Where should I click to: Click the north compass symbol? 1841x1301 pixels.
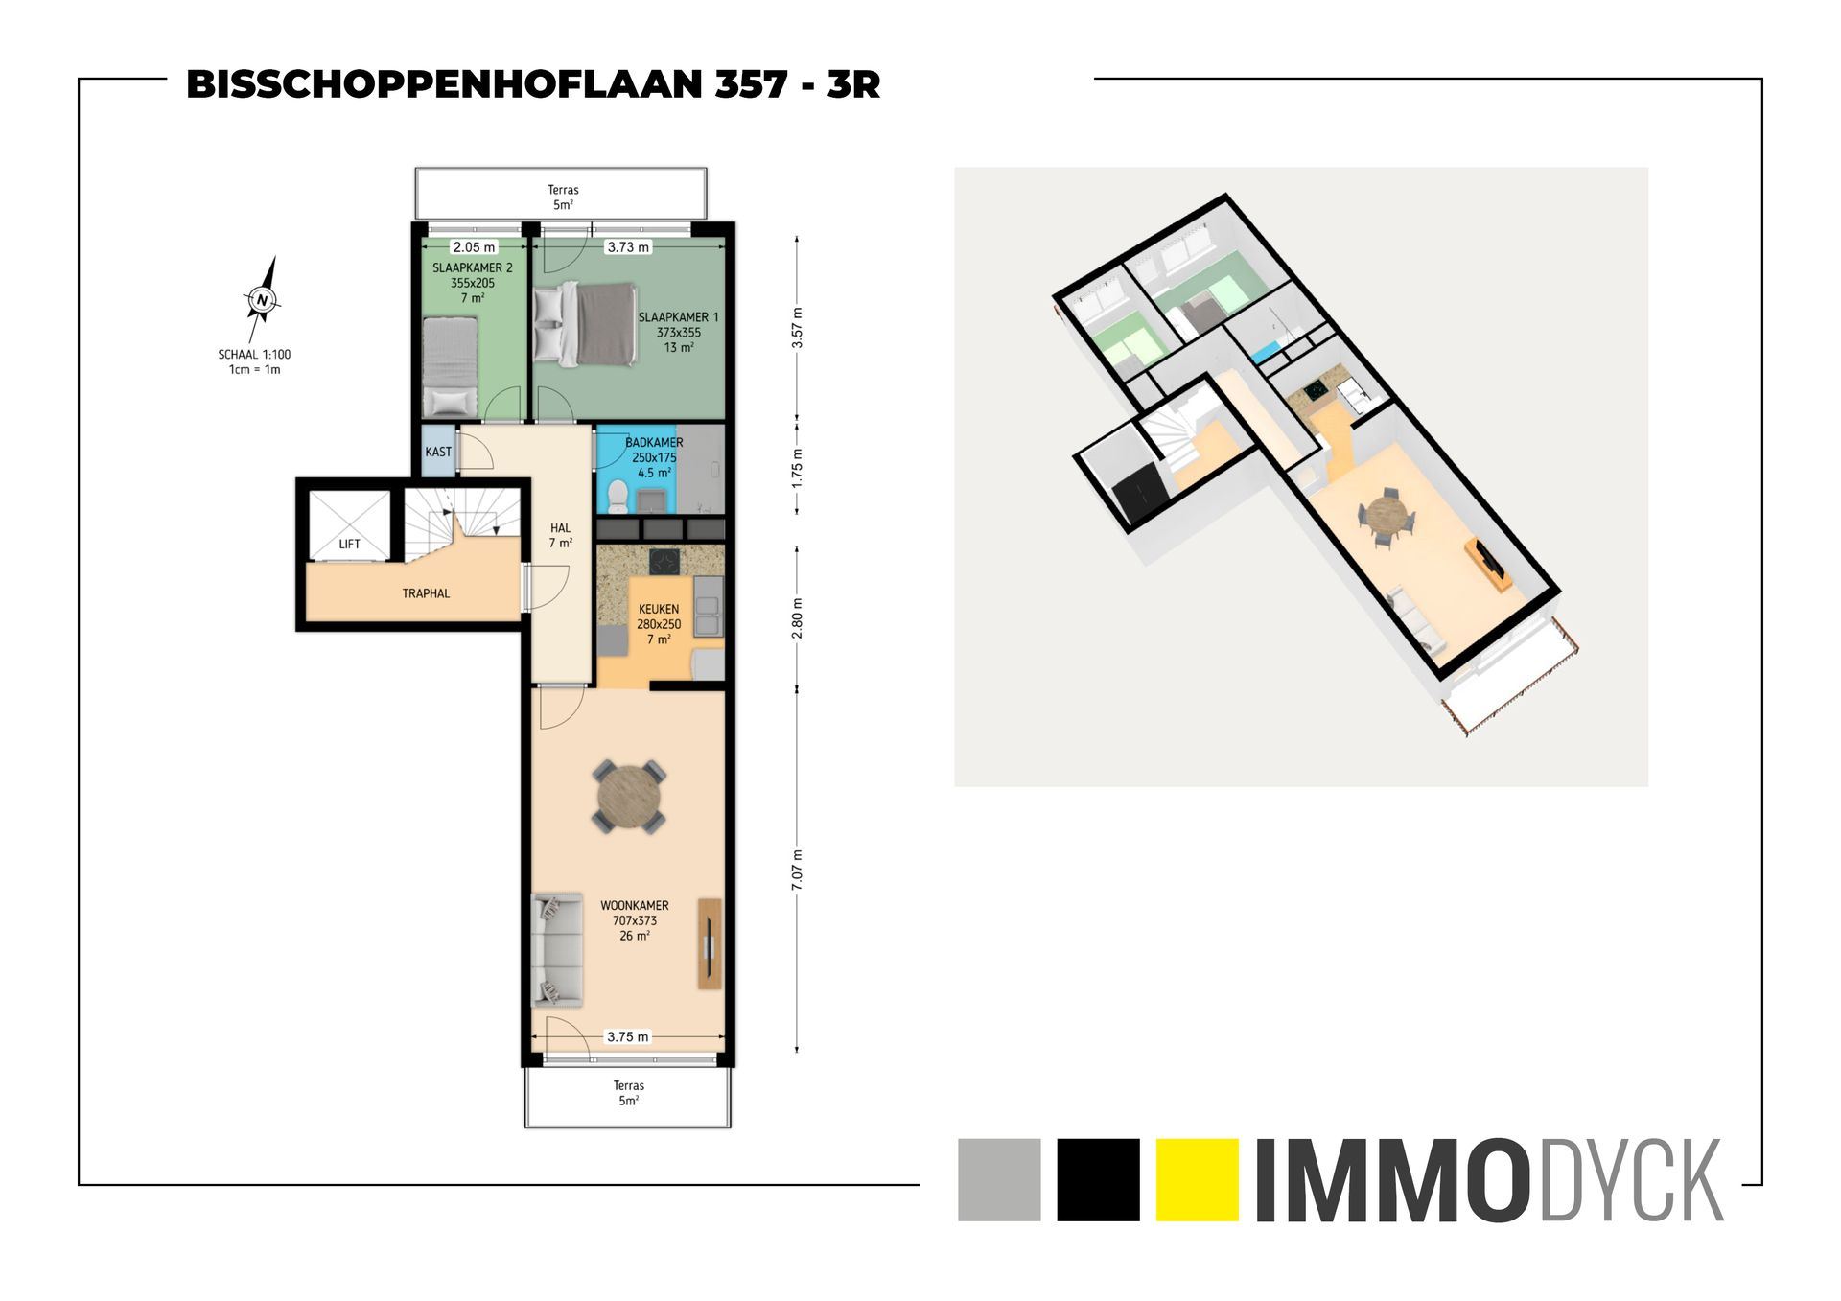pyautogui.click(x=262, y=300)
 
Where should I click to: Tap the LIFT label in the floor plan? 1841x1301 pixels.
pyautogui.click(x=349, y=545)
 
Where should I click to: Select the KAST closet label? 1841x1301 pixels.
pyautogui.click(x=438, y=452)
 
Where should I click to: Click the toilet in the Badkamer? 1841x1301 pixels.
pyautogui.click(x=618, y=498)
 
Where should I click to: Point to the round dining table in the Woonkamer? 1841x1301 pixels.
pyautogui.click(x=629, y=795)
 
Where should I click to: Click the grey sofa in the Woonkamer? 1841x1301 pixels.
pyautogui.click(x=557, y=950)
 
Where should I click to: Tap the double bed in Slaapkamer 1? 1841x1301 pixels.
pyautogui.click(x=585, y=323)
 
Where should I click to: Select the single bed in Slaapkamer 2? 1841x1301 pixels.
pyautogui.click(x=450, y=367)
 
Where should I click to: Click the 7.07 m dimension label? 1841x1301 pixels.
pyautogui.click(x=797, y=871)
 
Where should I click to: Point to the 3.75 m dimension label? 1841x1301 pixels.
pyautogui.click(x=628, y=1036)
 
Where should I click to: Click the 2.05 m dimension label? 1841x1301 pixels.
pyautogui.click(x=474, y=247)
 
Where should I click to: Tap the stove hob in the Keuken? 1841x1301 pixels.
pyautogui.click(x=664, y=560)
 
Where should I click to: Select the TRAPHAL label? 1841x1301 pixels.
pyautogui.click(x=426, y=593)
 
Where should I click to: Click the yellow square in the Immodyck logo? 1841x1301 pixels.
pyautogui.click(x=1198, y=1179)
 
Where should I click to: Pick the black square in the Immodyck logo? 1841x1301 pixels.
pyautogui.click(x=1098, y=1179)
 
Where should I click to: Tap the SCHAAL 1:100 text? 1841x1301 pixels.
pyautogui.click(x=254, y=354)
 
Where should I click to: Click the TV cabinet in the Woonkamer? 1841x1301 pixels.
pyautogui.click(x=710, y=943)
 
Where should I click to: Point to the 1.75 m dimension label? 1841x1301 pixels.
pyautogui.click(x=797, y=467)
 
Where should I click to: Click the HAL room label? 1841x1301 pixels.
pyautogui.click(x=561, y=528)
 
